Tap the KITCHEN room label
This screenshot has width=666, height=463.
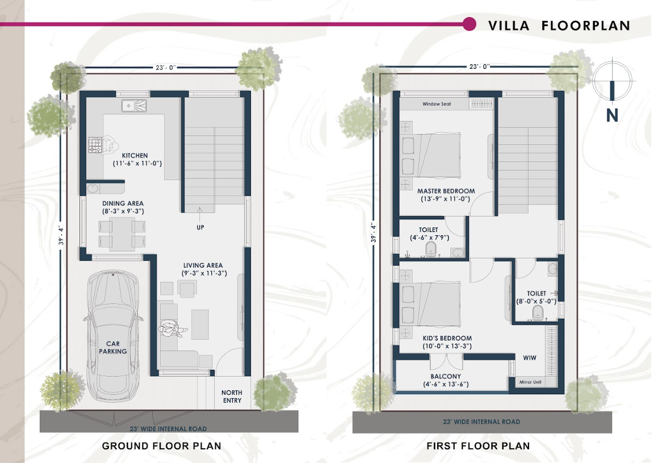135,156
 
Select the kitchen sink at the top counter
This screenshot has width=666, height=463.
134,106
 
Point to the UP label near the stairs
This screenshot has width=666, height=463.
200,227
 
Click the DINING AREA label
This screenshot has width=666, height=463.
123,203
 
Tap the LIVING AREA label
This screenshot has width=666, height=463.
203,265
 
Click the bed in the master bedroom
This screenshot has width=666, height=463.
430,156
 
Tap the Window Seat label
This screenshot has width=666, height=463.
437,104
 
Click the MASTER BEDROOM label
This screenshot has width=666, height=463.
446,191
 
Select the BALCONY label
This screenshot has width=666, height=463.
446,376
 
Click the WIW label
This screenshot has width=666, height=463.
530,358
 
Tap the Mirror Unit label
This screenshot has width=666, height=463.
530,382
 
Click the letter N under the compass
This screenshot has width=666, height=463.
612,116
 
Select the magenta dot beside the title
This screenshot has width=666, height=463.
469,24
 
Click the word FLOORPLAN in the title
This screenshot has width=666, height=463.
586,26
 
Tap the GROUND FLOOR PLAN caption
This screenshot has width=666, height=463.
161,446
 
